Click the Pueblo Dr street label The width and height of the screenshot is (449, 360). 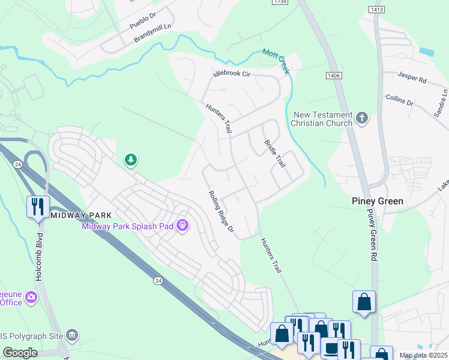tap(143, 23)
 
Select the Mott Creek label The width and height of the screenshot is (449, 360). tap(276, 61)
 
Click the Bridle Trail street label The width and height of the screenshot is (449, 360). tap(274, 153)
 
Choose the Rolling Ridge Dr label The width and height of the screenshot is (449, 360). tap(220, 212)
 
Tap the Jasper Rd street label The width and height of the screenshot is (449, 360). tap(412, 77)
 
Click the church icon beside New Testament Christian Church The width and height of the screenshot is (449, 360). tap(362, 118)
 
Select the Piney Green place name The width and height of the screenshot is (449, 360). tap(377, 201)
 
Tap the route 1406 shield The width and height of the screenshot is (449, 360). tap(334, 75)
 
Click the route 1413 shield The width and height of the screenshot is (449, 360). tap(377, 10)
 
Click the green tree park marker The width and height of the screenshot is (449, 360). tap(130, 160)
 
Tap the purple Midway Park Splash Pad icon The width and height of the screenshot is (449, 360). tap(183, 226)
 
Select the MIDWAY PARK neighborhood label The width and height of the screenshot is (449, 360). tap(79, 215)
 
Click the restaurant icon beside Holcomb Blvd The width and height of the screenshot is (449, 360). tap(38, 206)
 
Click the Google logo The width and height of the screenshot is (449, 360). tap(20, 353)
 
